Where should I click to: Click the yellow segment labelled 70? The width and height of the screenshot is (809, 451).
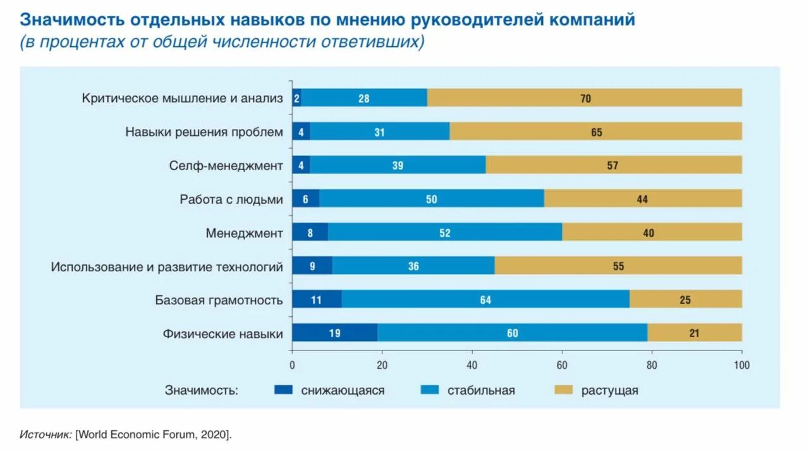pos(585,98)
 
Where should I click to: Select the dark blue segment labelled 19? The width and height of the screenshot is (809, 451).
pos(335,333)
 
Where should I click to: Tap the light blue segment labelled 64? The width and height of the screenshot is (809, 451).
pos(485,299)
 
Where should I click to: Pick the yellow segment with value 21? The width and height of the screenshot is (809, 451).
pos(695,333)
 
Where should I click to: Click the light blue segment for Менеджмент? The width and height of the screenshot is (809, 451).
pos(445,232)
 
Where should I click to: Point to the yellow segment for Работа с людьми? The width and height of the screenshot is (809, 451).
pos(643,199)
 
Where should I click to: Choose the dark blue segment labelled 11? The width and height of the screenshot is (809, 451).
pos(317,299)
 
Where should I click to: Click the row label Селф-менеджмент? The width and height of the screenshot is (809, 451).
pos(226,166)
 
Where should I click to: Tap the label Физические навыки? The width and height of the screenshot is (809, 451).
pos(222,333)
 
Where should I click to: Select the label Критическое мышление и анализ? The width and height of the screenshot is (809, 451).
pos(183,98)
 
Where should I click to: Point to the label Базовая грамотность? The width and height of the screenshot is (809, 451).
pos(219,300)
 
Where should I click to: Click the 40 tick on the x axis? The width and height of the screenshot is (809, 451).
pos(471,365)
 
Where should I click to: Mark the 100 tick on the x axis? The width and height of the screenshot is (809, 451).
pos(741,365)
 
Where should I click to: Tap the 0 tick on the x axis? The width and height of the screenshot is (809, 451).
pos(292,365)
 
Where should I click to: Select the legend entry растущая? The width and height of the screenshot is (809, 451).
pos(609,390)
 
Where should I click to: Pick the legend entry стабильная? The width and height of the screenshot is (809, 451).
pos(481,390)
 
